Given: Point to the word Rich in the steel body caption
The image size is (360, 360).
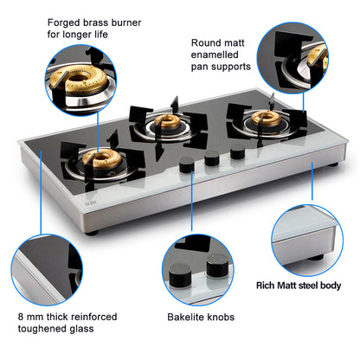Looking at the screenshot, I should click(267, 286).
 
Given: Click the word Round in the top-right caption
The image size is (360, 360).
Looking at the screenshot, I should click(208, 41).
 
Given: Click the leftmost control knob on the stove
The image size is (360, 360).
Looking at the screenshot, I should click(184, 167).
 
